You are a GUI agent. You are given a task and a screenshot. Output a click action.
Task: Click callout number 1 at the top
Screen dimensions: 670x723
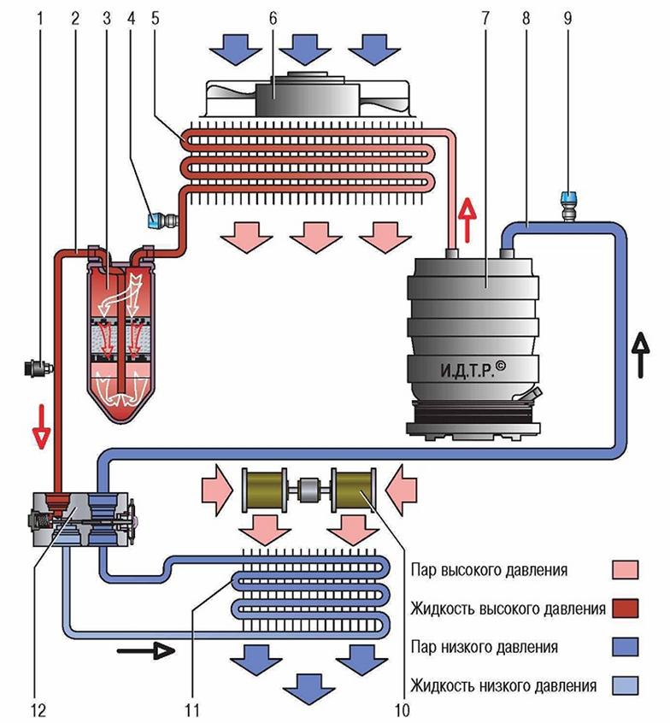[39, 19]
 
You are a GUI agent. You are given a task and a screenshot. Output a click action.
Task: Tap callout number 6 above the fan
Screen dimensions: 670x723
[273, 19]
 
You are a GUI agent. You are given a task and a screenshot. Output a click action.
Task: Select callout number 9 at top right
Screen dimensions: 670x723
[567, 19]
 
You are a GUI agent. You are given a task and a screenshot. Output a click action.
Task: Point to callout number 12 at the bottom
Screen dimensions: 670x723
[38, 709]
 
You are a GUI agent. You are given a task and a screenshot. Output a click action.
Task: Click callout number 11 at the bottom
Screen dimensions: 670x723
[191, 709]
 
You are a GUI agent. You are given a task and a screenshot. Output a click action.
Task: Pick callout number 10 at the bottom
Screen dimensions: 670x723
[403, 709]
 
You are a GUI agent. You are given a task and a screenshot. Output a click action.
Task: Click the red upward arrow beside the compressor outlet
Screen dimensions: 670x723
[468, 220]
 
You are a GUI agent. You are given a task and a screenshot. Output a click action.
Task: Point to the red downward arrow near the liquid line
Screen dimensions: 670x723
[42, 426]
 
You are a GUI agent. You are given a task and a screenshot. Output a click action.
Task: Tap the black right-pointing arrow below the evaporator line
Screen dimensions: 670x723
[146, 651]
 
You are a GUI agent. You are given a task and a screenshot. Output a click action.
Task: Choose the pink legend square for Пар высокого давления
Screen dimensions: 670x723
[626, 569]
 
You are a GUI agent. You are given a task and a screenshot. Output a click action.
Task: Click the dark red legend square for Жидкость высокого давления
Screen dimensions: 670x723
[626, 608]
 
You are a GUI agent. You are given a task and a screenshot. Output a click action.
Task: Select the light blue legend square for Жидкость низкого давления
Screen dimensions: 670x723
[626, 685]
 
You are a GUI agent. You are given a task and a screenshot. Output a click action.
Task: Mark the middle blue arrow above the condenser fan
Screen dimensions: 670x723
[305, 50]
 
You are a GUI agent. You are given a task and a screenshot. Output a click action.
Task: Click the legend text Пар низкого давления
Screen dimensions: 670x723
[485, 647]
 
